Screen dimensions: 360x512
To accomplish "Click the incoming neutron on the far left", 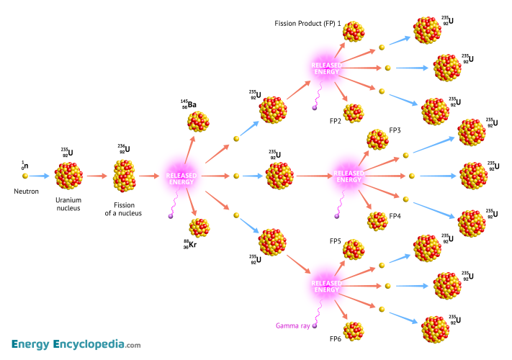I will point(24,175).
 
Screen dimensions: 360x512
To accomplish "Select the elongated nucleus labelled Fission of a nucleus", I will point(123,175).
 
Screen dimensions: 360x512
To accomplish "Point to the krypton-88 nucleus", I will point(199,228).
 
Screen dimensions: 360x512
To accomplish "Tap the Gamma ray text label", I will point(292,325).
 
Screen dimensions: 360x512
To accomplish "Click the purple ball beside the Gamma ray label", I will point(315,325).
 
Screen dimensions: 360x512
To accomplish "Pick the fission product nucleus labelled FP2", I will point(354,113).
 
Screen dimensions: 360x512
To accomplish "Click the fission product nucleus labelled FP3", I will point(377,139).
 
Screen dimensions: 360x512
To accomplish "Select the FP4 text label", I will point(395,215).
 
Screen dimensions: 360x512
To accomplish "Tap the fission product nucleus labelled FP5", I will point(354,249).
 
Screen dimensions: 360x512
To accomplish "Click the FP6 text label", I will point(336,338).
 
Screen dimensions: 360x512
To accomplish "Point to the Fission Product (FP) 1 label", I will point(307,24).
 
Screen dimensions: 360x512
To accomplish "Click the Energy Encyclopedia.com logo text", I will point(76,343).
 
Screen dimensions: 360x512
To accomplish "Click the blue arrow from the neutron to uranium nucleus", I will point(40,175).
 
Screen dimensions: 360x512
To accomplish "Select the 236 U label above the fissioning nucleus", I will point(125,149).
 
